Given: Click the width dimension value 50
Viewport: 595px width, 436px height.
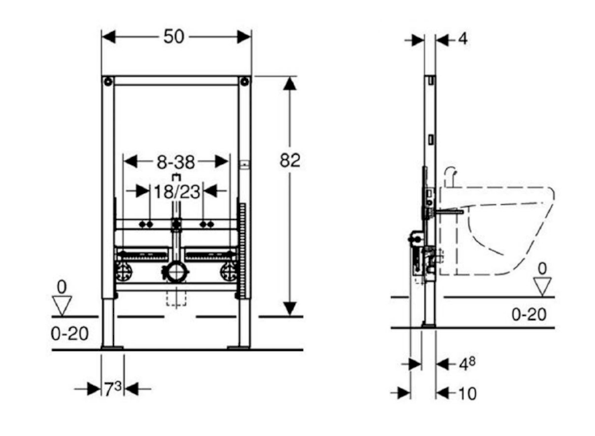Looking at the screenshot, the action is coord(174,37).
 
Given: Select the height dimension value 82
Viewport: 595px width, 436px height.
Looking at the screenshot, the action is coord(290,161).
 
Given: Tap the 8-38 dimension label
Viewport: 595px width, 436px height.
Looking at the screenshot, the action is coord(176,163).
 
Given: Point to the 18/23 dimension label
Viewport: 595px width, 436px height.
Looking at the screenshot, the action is coord(177,192).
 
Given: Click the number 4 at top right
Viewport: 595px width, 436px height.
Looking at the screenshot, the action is coord(463,39).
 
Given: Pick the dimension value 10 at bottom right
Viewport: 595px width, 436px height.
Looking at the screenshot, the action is coord(467,394).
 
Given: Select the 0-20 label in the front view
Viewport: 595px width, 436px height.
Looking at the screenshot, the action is coord(70,334).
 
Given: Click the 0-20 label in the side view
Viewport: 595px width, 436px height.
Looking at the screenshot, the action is coord(529,314).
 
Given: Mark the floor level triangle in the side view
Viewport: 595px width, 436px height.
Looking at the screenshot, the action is coord(542,286).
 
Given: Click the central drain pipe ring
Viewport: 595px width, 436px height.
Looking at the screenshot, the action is coord(176,272).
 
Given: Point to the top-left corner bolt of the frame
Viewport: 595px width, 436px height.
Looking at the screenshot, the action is coord(108,81).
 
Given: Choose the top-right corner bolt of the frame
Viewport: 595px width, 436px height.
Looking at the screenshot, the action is coord(245,81).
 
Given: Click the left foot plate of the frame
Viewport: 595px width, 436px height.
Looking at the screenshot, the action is coord(112,347).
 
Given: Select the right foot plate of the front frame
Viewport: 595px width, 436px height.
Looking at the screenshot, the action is coord(238,347).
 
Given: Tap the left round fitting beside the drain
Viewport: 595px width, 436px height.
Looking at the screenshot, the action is coord(124,272).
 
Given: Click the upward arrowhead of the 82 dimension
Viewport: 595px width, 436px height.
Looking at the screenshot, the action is coord(290,83).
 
